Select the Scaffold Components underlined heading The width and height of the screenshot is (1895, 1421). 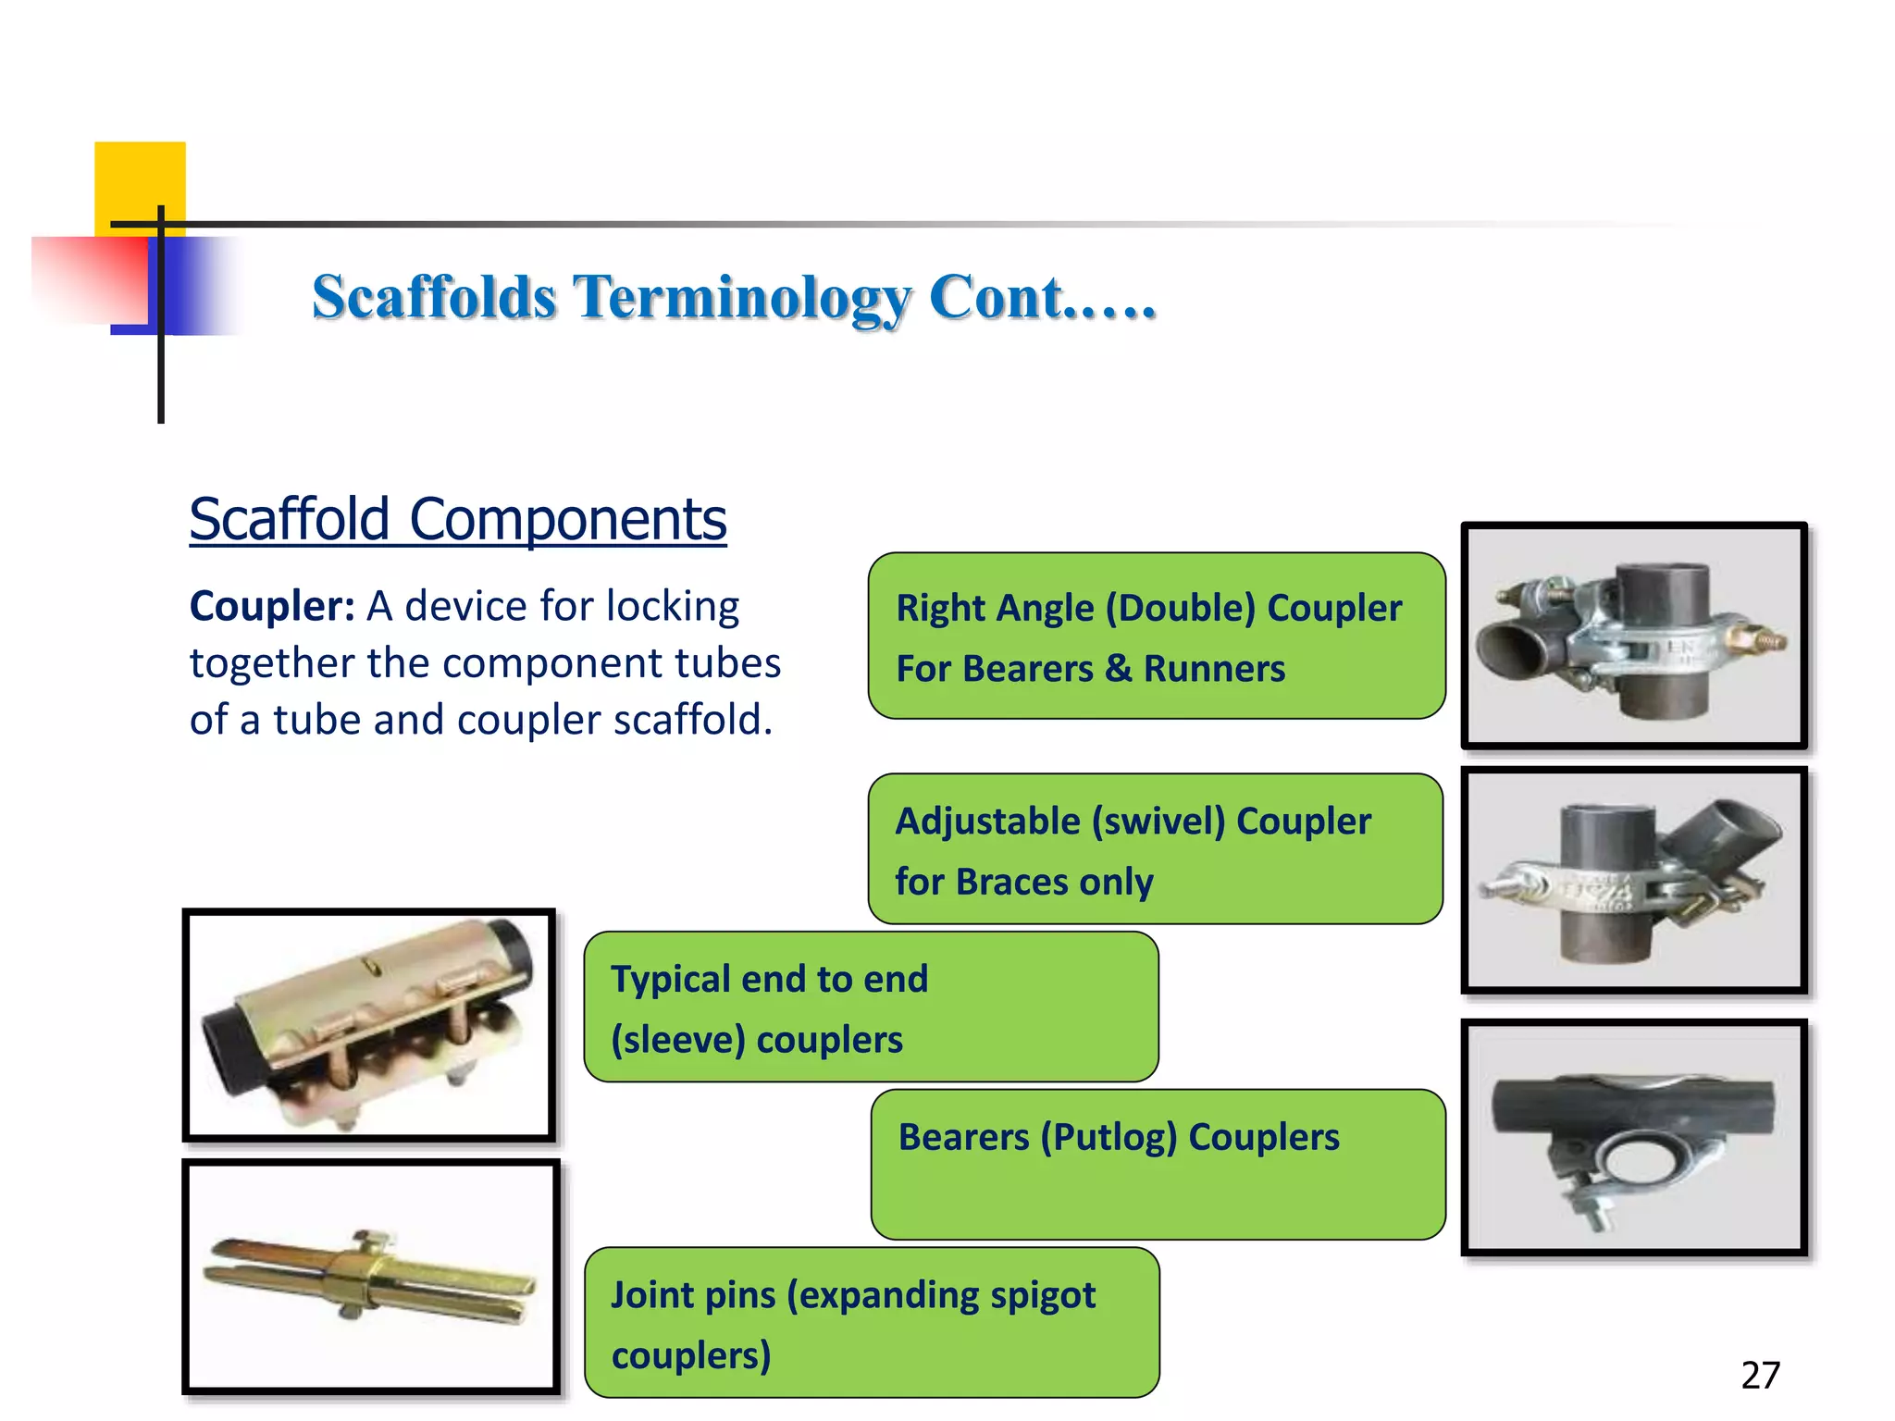click(457, 519)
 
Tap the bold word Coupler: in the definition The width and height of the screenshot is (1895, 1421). click(272, 607)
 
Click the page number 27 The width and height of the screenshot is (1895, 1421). click(1760, 1376)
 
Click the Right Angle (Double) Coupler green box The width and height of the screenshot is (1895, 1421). click(1156, 636)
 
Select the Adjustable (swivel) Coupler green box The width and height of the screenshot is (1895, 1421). click(1155, 849)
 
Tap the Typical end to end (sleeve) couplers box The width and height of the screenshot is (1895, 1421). click(871, 1007)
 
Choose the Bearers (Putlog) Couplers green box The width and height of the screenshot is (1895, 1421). click(1158, 1165)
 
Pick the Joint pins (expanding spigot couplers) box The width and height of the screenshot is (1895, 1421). click(871, 1323)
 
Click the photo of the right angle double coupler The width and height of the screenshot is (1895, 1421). click(1633, 636)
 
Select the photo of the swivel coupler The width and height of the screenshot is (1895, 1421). click(1633, 881)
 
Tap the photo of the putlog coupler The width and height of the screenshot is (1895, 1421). click(1633, 1138)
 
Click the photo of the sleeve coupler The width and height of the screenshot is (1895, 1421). click(369, 1025)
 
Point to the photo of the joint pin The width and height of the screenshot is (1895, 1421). click(371, 1277)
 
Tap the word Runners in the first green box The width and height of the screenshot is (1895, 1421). click(1214, 669)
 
